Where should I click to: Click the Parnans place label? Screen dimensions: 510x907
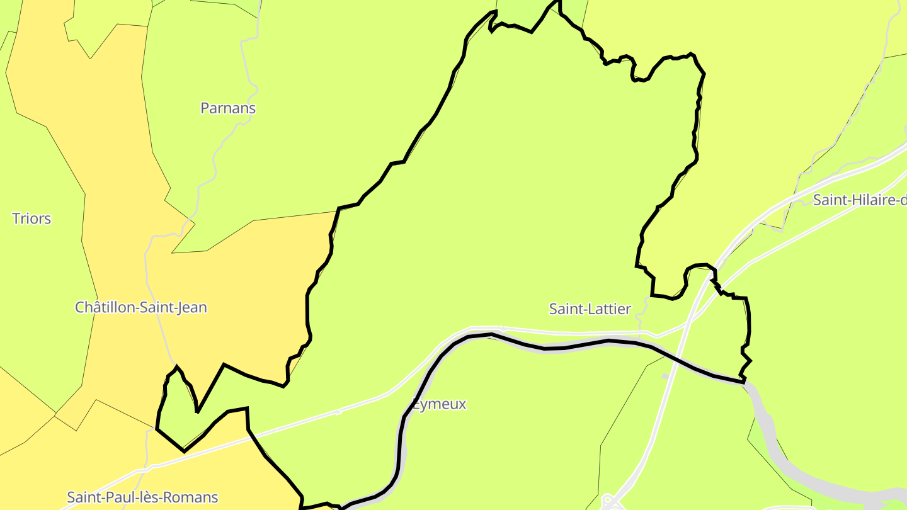[x=228, y=108]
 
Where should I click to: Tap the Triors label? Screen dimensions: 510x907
[x=31, y=219]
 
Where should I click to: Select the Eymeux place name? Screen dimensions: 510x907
[x=440, y=404]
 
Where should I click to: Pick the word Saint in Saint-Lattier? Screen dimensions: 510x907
[x=565, y=309]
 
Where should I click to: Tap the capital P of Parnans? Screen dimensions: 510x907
[x=205, y=108]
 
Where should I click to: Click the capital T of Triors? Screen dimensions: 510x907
[x=16, y=219]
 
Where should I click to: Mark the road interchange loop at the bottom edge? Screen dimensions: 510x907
[x=609, y=502]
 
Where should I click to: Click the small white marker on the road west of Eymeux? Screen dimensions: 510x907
[x=338, y=412]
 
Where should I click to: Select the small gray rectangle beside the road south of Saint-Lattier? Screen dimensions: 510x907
[x=665, y=377]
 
